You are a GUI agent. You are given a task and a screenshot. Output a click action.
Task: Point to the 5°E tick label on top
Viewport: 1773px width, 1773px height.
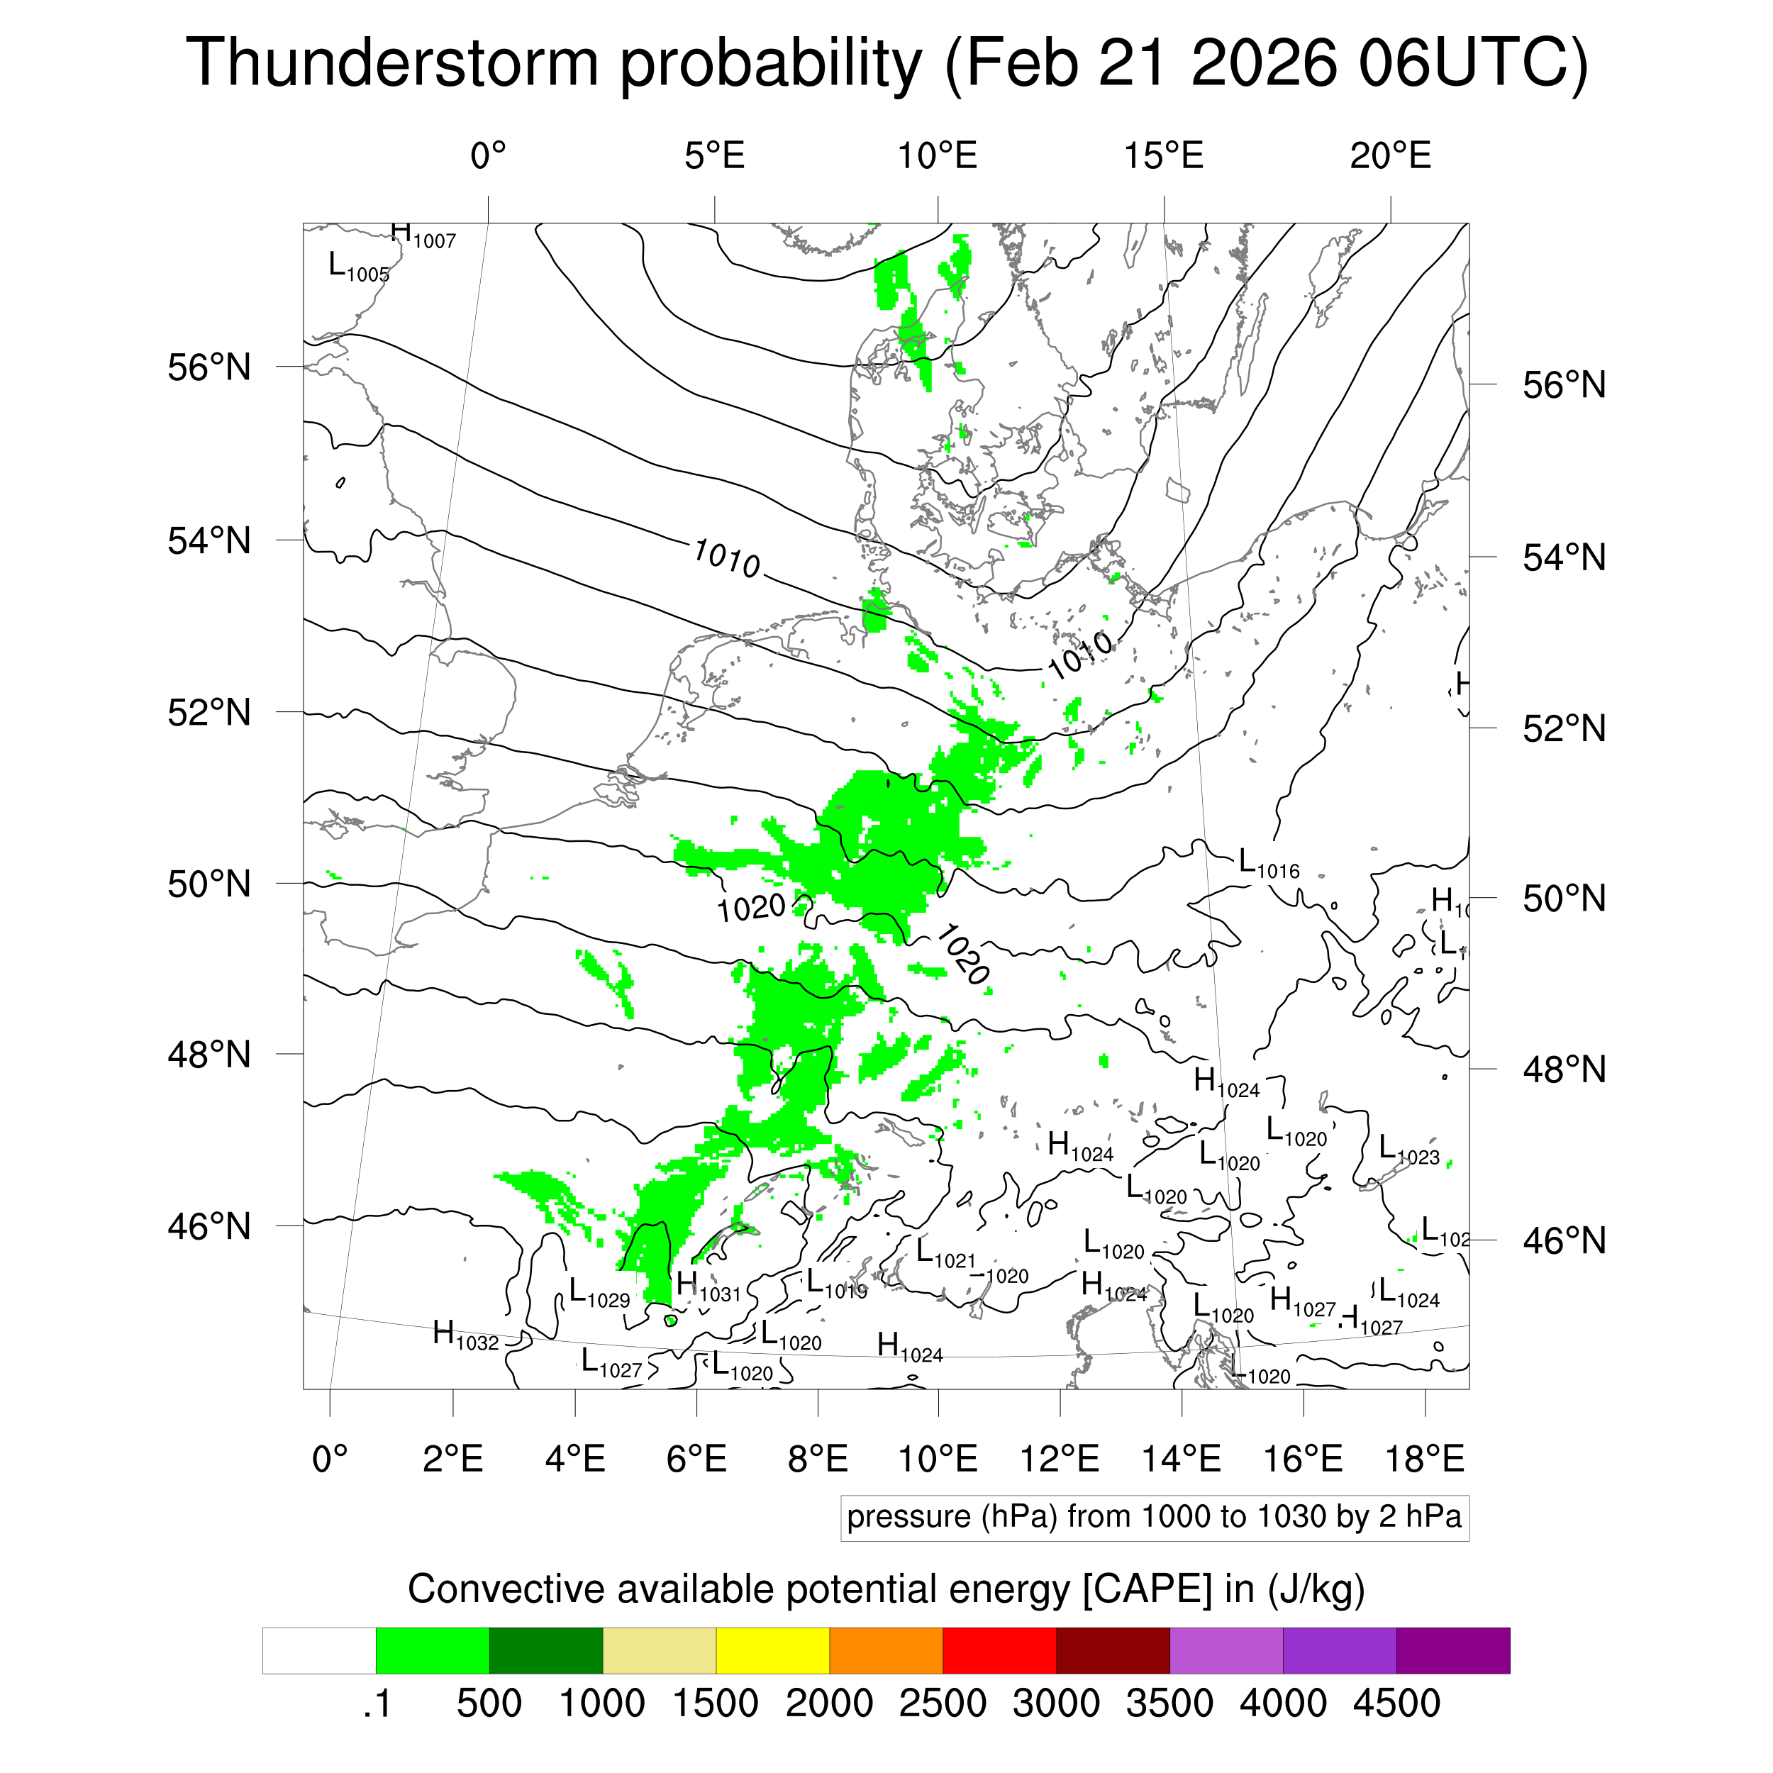[x=714, y=156]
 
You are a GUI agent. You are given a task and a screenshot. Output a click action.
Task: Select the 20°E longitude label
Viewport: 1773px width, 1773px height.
[x=1389, y=156]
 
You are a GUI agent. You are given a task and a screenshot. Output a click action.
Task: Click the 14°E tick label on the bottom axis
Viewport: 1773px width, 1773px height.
[x=1181, y=1458]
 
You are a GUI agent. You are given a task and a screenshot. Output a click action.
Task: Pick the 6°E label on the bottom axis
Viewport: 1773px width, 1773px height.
[x=696, y=1458]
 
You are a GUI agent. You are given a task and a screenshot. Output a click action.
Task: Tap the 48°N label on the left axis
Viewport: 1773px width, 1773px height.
[x=209, y=1055]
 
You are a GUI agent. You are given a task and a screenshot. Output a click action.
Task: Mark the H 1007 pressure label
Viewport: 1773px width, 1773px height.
[x=422, y=236]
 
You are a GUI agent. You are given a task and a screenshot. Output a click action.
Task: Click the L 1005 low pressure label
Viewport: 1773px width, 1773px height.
[x=358, y=267]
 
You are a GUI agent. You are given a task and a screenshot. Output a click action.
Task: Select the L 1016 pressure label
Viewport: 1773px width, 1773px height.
[x=1268, y=864]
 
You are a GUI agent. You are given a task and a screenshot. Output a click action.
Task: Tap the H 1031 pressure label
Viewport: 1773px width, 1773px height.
[x=708, y=1286]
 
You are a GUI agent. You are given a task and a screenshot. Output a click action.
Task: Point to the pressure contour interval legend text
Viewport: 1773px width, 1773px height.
[x=1154, y=1516]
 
